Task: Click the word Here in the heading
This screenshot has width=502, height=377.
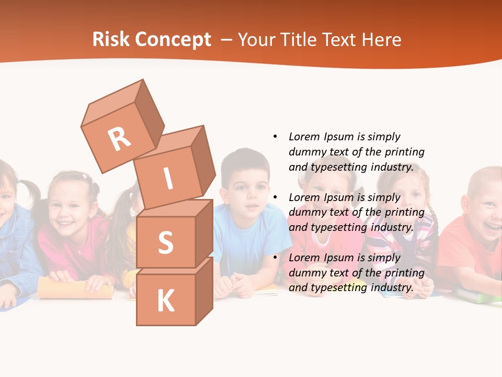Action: click(383, 40)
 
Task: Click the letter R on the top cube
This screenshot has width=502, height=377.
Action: click(119, 139)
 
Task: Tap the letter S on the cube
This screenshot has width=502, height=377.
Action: click(165, 242)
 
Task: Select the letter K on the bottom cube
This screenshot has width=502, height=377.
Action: click(165, 301)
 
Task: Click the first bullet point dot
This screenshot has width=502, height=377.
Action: click(275, 137)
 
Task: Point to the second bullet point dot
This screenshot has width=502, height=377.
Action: click(275, 197)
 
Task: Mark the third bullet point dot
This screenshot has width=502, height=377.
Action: click(275, 258)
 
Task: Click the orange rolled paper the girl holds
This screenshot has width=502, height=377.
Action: click(75, 288)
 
